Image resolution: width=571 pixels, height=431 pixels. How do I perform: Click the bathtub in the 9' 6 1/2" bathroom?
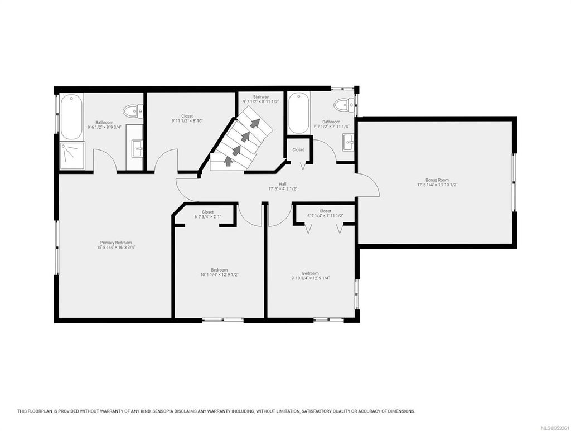(72, 117)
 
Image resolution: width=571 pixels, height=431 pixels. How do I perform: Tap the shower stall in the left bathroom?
(72, 154)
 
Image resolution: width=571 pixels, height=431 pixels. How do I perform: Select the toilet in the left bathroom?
(133, 112)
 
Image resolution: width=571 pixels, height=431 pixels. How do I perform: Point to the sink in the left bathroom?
(137, 148)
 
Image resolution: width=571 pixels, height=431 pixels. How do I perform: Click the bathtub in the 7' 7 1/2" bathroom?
(298, 113)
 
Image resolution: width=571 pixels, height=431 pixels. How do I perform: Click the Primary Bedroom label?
(116, 243)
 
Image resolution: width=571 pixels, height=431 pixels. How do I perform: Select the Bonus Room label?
(437, 180)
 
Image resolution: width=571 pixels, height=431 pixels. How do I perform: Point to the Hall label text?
(283, 183)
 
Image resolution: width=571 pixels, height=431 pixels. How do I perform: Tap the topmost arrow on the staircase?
(255, 123)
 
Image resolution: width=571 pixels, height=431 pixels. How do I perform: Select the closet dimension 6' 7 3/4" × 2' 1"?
(207, 217)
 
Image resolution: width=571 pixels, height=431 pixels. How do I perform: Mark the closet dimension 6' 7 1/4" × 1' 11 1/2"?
(325, 216)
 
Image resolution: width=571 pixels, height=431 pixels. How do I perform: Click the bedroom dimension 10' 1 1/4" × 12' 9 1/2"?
(219, 274)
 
